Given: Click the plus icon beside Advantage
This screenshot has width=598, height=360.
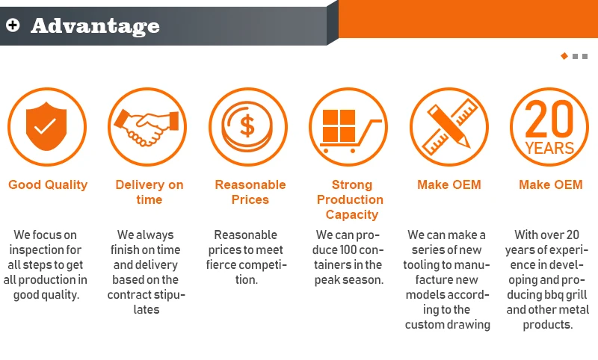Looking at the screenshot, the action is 12,25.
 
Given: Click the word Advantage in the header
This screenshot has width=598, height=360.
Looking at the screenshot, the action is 95,26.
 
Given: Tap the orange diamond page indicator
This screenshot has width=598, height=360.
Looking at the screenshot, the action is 564,56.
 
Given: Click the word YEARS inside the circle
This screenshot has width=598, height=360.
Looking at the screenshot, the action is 549,148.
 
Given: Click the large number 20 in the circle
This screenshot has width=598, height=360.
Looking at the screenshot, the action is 549,118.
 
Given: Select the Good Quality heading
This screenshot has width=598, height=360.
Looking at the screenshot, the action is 48,184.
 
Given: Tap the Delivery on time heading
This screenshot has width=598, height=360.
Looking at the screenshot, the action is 149,192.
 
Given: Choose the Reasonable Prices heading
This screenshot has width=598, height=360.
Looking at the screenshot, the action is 250,192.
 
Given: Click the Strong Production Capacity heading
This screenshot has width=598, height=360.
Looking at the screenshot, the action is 350,199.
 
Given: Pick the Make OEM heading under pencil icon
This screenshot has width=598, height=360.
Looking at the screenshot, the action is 449,184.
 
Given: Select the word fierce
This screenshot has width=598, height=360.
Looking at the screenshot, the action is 229,264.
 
